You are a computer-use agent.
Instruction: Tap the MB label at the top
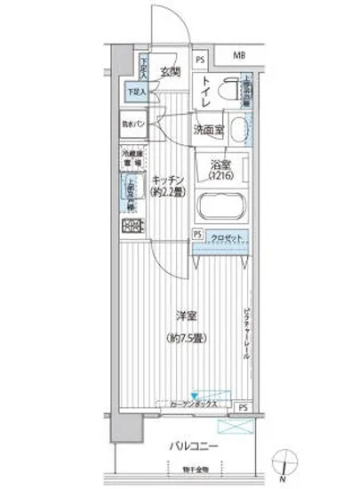(x=239, y=58)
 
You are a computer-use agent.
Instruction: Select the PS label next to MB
(x=201, y=59)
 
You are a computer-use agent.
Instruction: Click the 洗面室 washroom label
(x=210, y=131)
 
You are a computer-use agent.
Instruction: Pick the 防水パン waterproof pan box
(x=131, y=125)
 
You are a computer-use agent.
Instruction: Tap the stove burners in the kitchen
(x=131, y=227)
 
